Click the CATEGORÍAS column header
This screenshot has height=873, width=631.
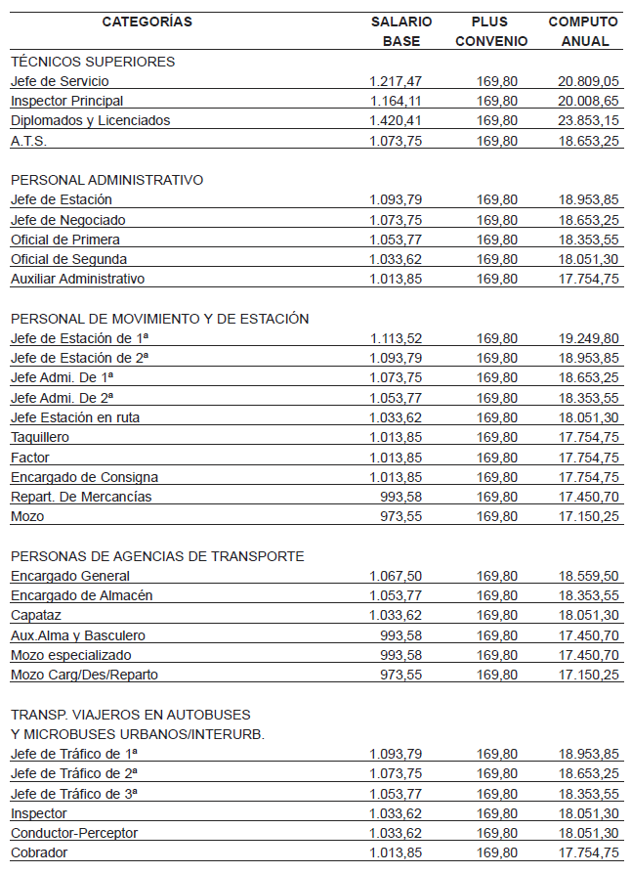tap(147, 22)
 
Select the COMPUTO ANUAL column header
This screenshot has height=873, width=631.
tap(584, 31)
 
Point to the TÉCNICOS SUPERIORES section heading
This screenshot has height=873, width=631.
tap(93, 62)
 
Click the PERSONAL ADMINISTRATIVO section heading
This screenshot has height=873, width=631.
tap(106, 180)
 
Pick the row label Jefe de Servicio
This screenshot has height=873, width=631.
tap(60, 81)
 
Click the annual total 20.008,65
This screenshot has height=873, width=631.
tap(588, 101)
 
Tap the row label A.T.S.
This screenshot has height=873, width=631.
tap(28, 141)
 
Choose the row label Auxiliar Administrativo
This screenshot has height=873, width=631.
tap(77, 279)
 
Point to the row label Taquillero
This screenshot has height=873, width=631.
tap(40, 437)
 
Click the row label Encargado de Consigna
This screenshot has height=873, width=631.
tap(84, 477)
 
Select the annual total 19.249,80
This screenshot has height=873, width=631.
tap(588, 338)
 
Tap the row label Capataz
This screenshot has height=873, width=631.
tap(36, 615)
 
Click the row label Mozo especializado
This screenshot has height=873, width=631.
tap(70, 655)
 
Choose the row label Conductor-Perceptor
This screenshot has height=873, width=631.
tap(74, 833)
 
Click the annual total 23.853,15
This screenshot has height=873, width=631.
tap(588, 120)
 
